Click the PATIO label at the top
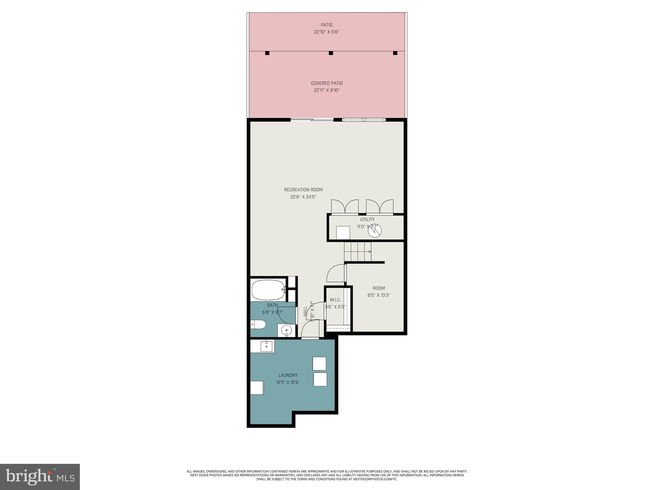coord(326,25)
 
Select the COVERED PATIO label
coord(327,83)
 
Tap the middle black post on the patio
coord(331,53)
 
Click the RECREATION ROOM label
coord(303,190)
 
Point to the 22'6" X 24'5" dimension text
coord(303,197)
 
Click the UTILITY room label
coord(367,219)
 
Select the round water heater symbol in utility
coord(375,231)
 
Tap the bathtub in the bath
coord(268,290)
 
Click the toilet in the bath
coord(258,325)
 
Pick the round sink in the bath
coord(286,330)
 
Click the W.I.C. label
coord(335,300)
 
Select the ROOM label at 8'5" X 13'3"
coord(379,288)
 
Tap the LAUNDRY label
coord(288,375)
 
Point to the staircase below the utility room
coord(358,252)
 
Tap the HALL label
coord(305,311)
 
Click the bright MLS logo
coord(40,477)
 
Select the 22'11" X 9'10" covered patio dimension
coord(327,90)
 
